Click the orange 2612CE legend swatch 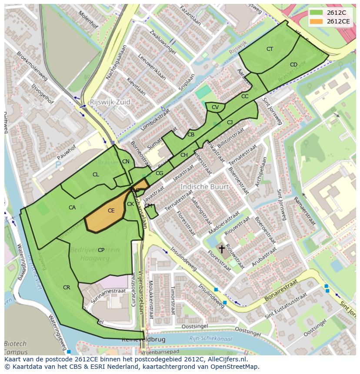(x=317, y=21)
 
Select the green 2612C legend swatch (x=317, y=13)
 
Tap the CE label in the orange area (x=111, y=211)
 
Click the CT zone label (x=270, y=49)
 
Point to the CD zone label (x=293, y=65)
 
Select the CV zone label (x=215, y=107)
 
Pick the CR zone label (x=67, y=288)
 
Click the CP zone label (x=101, y=250)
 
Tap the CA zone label (x=72, y=208)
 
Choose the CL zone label (x=96, y=175)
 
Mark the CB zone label (x=191, y=135)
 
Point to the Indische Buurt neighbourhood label (x=204, y=187)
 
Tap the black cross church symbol (x=222, y=249)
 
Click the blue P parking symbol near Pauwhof (x=58, y=165)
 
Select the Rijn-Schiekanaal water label (x=211, y=339)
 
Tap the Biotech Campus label (x=16, y=348)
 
